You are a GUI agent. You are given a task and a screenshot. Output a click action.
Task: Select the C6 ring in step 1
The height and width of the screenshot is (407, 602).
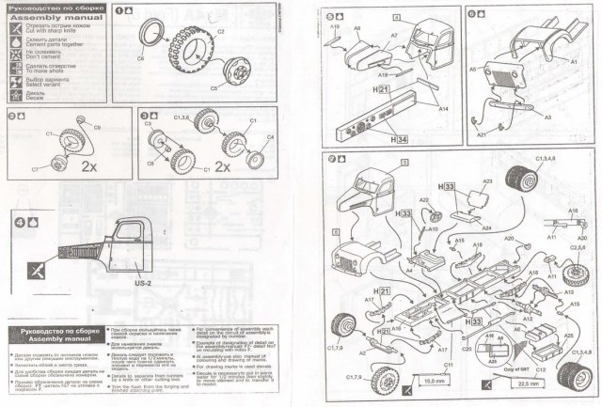click(151, 40)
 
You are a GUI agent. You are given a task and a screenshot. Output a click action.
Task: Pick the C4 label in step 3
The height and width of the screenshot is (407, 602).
click(273, 138)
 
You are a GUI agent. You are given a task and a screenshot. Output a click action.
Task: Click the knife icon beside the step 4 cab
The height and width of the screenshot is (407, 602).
click(35, 269)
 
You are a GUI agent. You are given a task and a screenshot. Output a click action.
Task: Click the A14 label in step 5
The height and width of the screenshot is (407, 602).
click(443, 110)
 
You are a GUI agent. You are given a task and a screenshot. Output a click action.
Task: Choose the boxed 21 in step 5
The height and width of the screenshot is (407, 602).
click(383, 89)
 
